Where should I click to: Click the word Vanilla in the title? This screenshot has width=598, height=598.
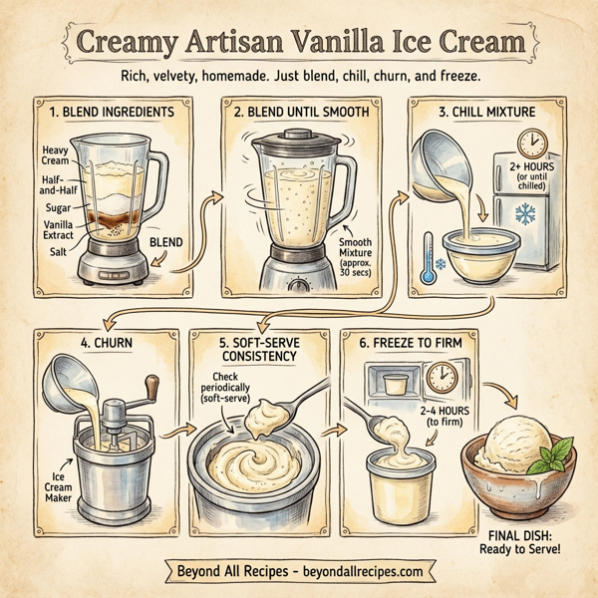(344, 45)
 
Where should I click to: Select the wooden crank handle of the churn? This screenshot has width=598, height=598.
(152, 386)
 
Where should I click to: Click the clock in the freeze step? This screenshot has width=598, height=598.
(440, 376)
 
